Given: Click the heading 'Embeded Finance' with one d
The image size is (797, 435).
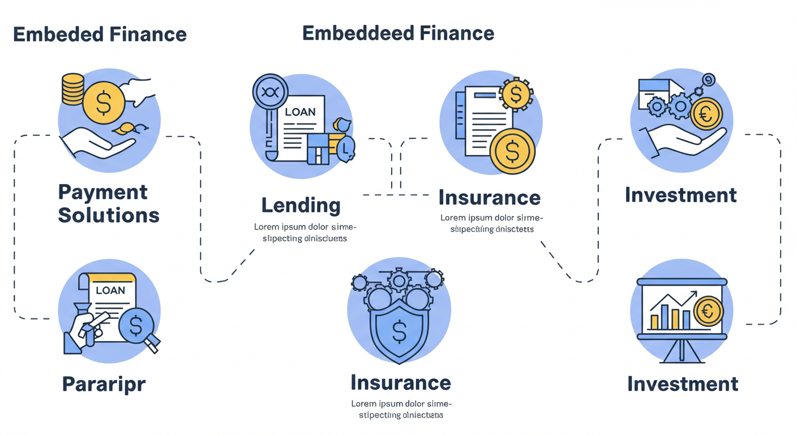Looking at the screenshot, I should pos(100,34).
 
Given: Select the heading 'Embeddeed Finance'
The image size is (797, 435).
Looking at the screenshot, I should pos(398,33).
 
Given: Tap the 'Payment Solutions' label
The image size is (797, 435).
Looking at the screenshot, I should pos(109,204).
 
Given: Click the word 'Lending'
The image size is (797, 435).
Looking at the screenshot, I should pos(301,205).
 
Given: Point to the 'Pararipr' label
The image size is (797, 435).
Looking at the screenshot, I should pos(104,384).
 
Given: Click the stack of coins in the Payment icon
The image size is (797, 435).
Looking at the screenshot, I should pos(72,89).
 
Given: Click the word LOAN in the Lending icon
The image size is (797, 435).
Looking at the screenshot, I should pos(300,112).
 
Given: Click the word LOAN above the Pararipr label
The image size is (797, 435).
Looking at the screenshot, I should pos(110,291).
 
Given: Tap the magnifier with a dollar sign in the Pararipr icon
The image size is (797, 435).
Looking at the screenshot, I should pos(136,326).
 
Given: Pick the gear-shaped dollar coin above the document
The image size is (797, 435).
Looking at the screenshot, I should pos(515,95).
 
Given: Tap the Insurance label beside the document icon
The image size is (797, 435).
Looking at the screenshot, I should pos(490,198).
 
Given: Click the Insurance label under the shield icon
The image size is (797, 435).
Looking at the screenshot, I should pos(401,382).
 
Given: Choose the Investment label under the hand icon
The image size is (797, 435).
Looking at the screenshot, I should pos(681,195).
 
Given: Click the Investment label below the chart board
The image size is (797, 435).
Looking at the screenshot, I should pos(683,384).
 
